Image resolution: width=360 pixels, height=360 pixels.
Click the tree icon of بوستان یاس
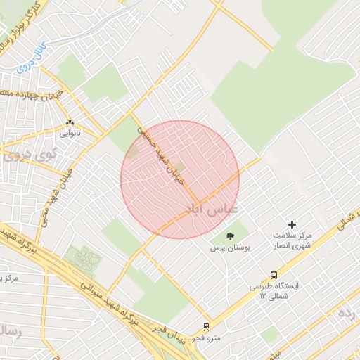pos(230,236)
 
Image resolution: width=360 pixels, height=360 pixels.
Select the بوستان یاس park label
pos(228,248)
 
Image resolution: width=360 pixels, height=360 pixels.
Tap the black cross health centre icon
pos(292,224)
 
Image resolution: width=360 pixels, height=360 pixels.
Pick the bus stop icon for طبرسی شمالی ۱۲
pos(273,276)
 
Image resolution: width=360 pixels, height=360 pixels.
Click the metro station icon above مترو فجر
pos(206,327)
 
